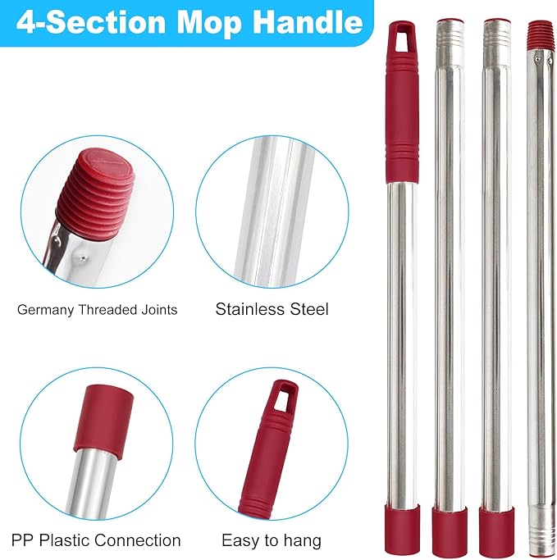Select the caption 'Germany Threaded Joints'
click(98, 310)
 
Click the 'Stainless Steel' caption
click(272, 309)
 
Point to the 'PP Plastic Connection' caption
click(96, 540)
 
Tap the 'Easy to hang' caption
click(272, 540)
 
